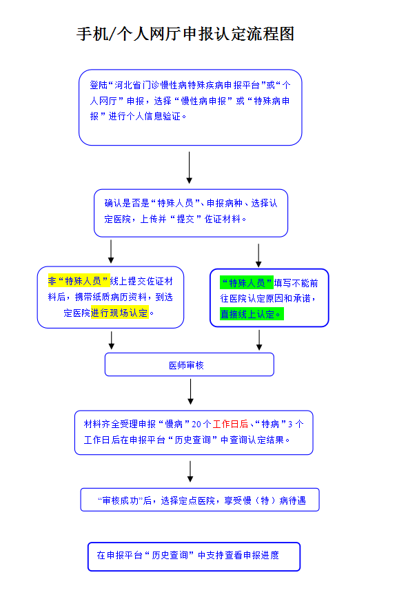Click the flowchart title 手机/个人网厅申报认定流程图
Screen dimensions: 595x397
[185, 35]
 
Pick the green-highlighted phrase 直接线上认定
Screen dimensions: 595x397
[250, 314]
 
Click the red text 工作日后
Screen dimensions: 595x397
[230, 424]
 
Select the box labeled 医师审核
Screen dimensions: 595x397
[189, 365]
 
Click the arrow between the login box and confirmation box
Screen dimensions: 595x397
[190, 168]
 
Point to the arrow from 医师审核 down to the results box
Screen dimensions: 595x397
[191, 391]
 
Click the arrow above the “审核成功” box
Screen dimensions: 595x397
[190, 471]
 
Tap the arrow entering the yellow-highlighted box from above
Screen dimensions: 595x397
[111, 251]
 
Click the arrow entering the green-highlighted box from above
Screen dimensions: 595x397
[258, 254]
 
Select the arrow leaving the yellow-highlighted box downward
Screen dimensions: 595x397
[112, 340]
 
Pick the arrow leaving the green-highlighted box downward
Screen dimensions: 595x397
[259, 340]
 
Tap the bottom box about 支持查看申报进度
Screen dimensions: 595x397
[194, 556]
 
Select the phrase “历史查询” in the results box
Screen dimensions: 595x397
[193, 440]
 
